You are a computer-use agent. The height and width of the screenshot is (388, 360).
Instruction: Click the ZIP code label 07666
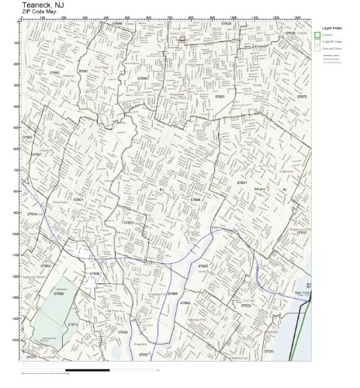[x=196, y=199]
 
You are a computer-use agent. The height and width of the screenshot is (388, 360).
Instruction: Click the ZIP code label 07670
[x=302, y=97]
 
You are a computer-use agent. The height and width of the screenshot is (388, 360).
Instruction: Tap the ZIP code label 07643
[x=123, y=332]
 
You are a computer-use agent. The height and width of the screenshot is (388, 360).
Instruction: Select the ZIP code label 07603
[x=129, y=223]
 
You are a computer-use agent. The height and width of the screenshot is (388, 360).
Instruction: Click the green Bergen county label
[x=261, y=189]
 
